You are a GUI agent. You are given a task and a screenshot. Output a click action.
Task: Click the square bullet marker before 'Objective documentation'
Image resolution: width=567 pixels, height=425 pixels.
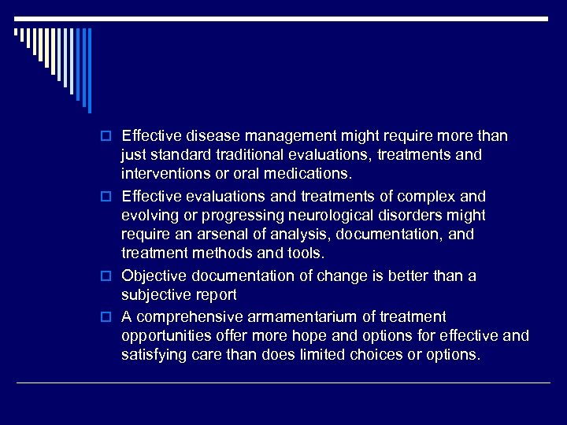(x=113, y=276)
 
